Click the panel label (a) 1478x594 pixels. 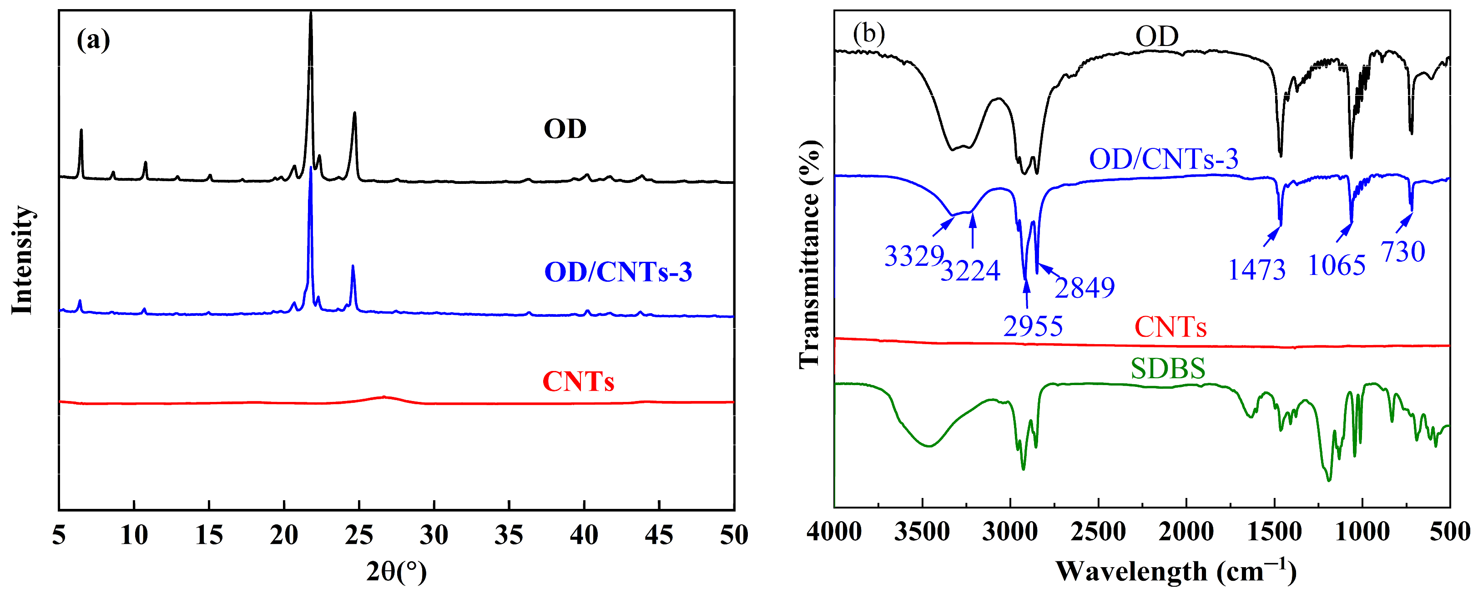click(93, 40)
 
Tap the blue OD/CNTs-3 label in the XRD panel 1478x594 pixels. click(618, 272)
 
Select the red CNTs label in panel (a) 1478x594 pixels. click(578, 381)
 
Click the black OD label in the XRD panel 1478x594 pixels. click(565, 129)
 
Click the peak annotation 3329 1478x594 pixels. click(914, 256)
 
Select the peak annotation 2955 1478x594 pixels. click(1033, 326)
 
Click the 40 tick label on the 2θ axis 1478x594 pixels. click(584, 535)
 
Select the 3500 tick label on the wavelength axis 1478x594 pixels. click(922, 533)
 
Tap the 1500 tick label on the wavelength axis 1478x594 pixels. click(1274, 533)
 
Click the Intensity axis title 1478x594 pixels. click(23, 260)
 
